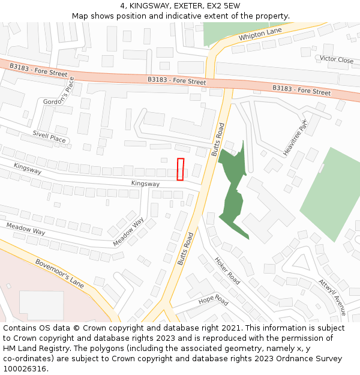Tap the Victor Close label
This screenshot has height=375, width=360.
[337, 59]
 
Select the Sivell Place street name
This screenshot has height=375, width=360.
[49, 137]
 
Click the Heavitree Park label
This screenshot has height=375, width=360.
[295, 137]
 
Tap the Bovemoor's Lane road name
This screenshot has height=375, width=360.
[59, 272]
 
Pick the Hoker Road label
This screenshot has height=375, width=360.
[227, 271]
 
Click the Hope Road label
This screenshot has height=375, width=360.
[213, 300]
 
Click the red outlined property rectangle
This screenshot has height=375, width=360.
[181, 169]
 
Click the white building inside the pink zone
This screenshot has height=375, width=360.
[41, 305]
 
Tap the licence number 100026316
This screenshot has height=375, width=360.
[25, 369]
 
